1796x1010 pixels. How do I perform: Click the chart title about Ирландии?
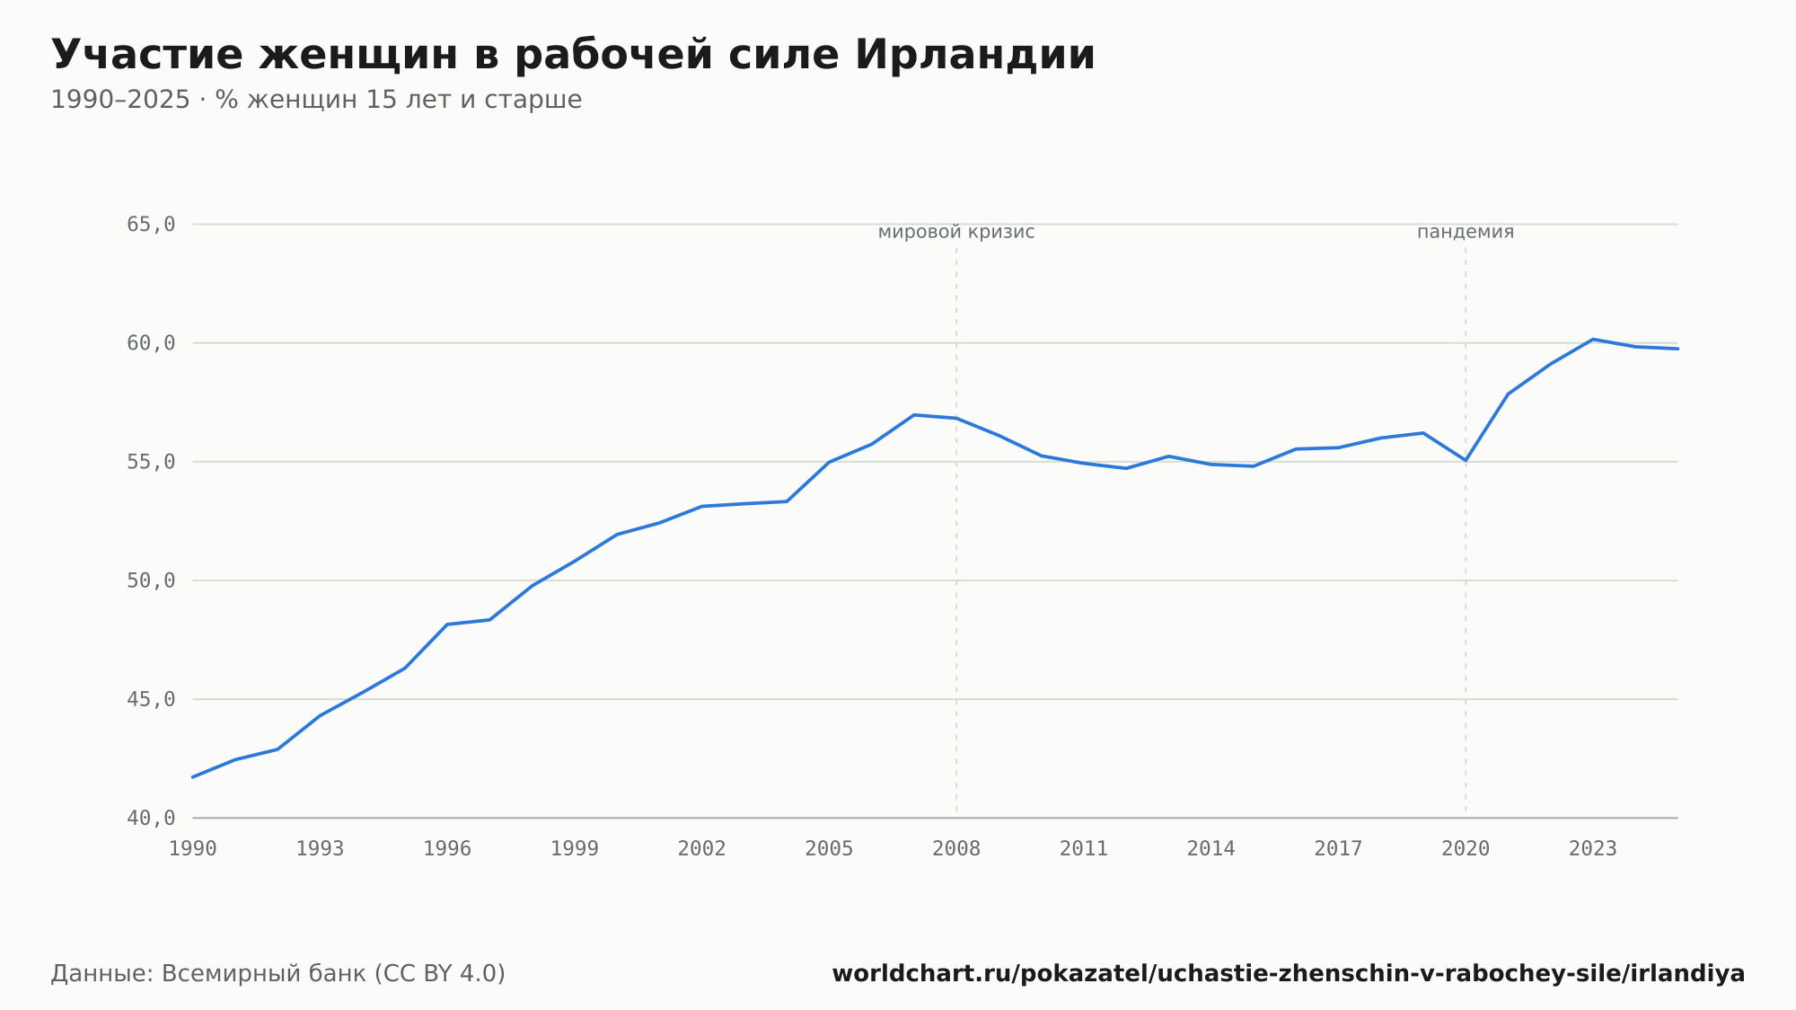[573, 55]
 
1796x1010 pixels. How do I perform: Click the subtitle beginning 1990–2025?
[316, 100]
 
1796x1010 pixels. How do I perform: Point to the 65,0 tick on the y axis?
[151, 225]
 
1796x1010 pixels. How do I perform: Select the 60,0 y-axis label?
[151, 343]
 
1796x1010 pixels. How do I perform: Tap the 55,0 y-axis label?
[151, 462]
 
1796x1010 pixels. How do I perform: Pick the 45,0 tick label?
[151, 699]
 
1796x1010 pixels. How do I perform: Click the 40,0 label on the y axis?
[151, 818]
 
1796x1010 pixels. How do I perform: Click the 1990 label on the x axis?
[193, 849]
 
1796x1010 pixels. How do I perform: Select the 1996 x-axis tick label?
[447, 849]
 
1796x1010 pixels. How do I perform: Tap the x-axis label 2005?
[829, 849]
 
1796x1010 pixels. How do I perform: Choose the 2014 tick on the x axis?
[1211, 849]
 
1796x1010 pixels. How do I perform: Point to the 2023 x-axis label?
[1593, 849]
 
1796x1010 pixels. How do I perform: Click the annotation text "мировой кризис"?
[956, 232]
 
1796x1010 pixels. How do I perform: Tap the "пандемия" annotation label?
[1466, 232]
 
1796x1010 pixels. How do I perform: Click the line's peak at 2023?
[1593, 340]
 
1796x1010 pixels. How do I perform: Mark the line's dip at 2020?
[1466, 460]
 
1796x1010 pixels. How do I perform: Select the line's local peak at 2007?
[914, 415]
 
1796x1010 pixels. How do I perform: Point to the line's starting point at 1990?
[193, 777]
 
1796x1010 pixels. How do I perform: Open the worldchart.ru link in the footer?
[1289, 974]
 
